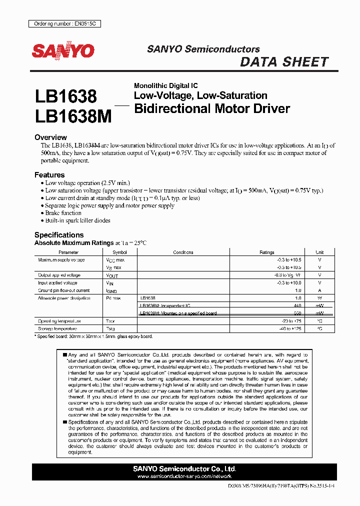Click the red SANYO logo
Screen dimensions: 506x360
63,51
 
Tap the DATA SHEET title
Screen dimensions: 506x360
284,62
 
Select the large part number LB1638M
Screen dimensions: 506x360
73,116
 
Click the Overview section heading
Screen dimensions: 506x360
50,137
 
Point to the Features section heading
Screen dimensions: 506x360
49,175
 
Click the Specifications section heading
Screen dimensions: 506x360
59,235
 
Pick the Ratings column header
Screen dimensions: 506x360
266,252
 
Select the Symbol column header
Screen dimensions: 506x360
119,252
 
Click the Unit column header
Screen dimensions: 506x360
319,252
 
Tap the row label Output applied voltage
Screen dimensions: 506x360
59,275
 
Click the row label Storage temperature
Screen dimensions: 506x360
57,328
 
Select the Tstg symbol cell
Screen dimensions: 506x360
110,328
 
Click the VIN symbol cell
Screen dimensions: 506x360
110,283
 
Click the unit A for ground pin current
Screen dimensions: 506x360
319,290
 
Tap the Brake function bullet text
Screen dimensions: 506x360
63,213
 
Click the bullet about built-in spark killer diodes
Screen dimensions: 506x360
77,220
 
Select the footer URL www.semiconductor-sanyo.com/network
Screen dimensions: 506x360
184,476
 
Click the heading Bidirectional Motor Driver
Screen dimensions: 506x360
212,108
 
